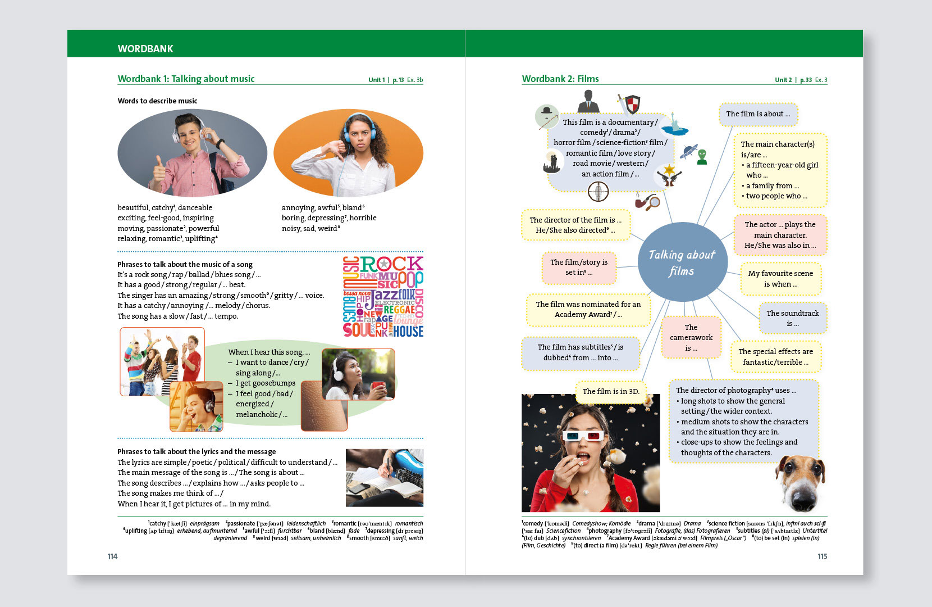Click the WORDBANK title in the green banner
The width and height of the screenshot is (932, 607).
click(x=145, y=49)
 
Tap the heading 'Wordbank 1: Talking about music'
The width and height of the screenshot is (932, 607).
click(x=186, y=79)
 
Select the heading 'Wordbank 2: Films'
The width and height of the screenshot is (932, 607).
click(x=560, y=79)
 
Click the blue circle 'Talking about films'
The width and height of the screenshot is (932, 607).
click(x=682, y=262)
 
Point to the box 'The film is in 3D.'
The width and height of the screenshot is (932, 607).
click(x=610, y=391)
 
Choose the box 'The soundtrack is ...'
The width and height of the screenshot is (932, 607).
click(x=792, y=318)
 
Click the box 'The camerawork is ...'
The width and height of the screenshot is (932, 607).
click(x=691, y=338)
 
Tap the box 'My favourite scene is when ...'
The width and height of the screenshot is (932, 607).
click(x=780, y=279)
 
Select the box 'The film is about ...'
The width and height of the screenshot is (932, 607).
click(x=757, y=114)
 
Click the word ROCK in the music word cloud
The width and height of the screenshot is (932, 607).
click(x=391, y=264)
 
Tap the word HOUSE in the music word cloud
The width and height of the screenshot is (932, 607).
click(x=408, y=332)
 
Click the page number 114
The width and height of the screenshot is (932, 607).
click(x=112, y=556)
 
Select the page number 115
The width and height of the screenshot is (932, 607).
click(x=822, y=556)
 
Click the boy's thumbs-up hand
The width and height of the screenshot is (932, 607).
click(x=159, y=174)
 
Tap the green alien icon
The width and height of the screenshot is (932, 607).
click(x=701, y=157)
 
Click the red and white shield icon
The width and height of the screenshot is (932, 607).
click(x=632, y=105)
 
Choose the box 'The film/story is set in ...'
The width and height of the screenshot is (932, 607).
click(x=578, y=268)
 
